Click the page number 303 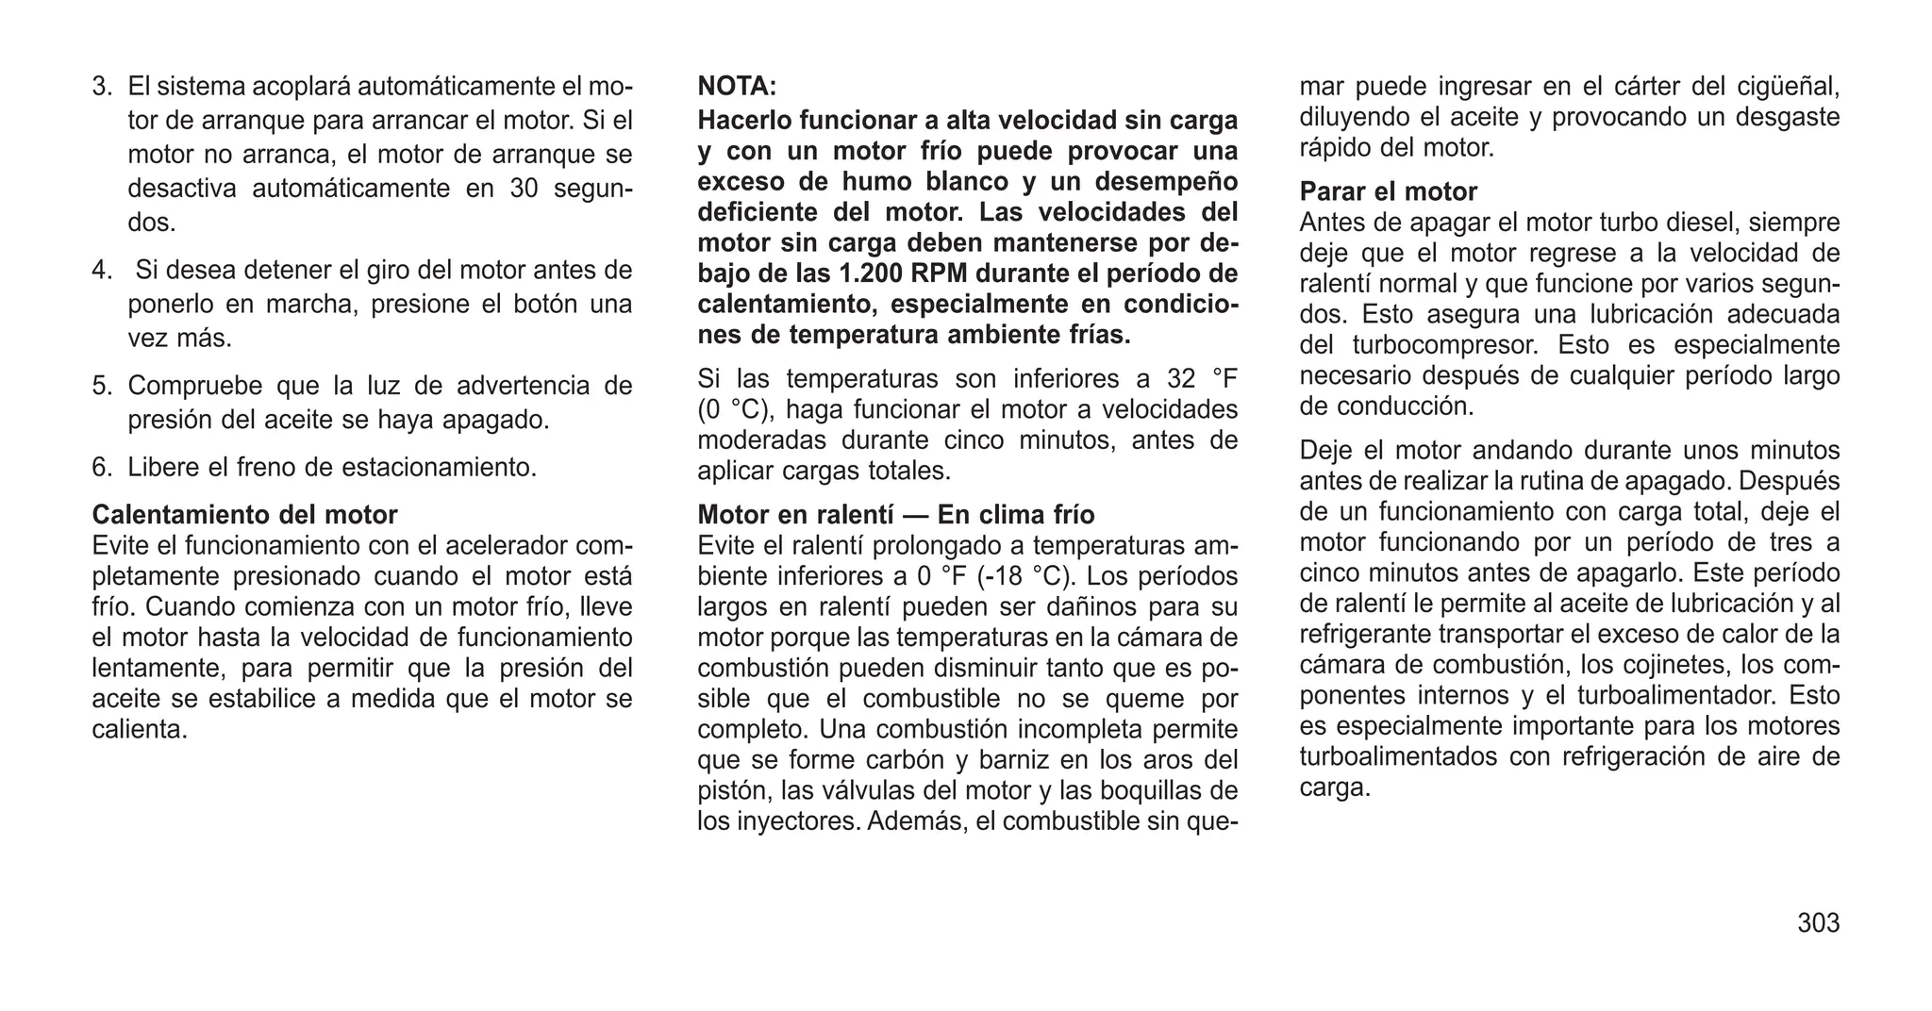pos(1818,922)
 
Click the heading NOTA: pos(737,87)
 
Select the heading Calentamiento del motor pos(244,515)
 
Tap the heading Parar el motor pos(1388,191)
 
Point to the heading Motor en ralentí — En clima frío pos(895,515)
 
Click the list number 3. pos(102,87)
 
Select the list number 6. pos(102,467)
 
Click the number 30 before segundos pos(524,189)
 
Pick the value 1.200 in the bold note pos(872,273)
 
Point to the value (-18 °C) pos(1026,576)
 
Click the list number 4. pos(102,271)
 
